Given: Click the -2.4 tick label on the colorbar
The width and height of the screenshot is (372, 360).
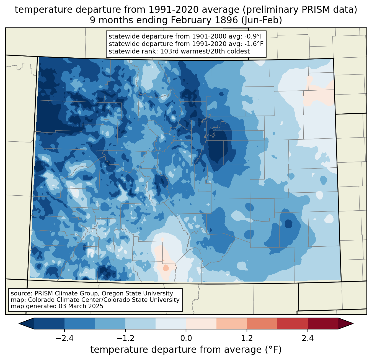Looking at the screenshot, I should coord(64,338).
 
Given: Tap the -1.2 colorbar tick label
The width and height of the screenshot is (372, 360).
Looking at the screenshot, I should coord(125,338).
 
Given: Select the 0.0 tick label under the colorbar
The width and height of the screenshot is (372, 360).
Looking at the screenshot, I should coord(186,338).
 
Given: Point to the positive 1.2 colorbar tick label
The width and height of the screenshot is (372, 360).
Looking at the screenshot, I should coord(247,338).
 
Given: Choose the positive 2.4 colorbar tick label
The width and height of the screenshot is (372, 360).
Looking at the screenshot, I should coord(308,338).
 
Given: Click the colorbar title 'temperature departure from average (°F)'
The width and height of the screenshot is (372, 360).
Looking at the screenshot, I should coord(186,350).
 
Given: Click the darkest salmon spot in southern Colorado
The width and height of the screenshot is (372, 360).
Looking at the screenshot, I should coord(166,268).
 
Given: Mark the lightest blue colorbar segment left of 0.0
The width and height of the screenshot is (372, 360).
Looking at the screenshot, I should coord(171,323).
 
